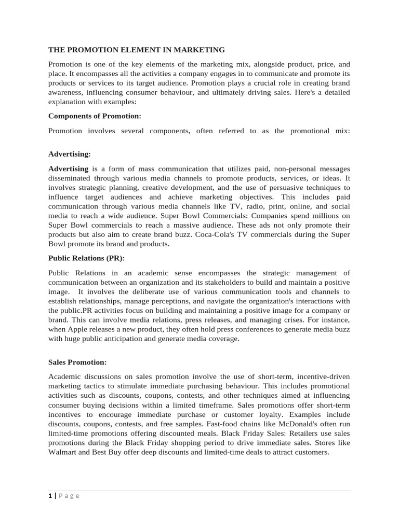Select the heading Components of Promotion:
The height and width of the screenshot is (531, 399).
click(95, 116)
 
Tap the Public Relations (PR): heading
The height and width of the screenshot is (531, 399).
click(86, 258)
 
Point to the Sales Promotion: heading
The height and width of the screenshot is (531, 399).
click(77, 362)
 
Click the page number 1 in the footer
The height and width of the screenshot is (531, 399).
click(50, 496)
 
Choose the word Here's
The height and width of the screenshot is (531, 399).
click(288, 92)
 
